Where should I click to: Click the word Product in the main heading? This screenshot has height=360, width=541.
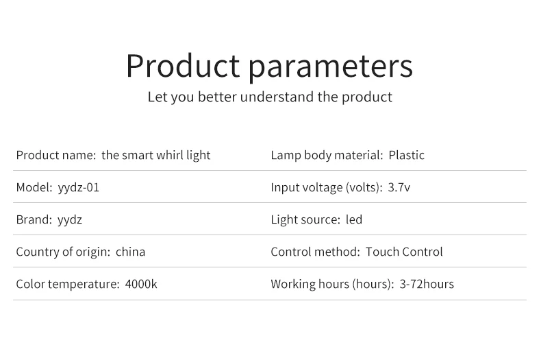point(183,66)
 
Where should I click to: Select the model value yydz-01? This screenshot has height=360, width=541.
point(79,188)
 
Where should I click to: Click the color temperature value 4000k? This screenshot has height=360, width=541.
point(141,284)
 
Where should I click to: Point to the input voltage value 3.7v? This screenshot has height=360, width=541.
point(399,187)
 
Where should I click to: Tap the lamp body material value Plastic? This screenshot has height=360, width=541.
point(407,155)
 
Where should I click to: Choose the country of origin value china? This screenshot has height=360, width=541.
point(130,252)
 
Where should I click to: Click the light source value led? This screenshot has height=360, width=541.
point(354,219)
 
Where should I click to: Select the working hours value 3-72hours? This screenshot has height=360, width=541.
point(427,284)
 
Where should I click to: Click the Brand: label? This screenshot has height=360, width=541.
point(34,219)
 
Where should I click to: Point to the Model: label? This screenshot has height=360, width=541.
point(34,187)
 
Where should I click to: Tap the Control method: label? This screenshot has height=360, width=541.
point(315,252)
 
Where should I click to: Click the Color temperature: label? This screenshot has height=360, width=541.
point(68,284)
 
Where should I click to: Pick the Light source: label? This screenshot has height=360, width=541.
point(305,219)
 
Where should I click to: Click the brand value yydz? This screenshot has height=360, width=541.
point(70,220)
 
